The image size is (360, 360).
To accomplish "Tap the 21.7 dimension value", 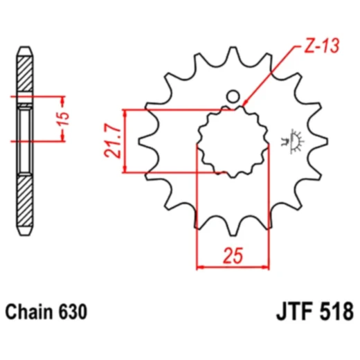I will point(116,141).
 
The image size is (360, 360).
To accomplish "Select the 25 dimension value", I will point(233,256).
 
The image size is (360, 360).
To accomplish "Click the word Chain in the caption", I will point(29,312).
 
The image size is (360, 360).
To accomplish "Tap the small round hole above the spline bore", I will point(233,96).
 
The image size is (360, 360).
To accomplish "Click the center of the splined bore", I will point(233,141).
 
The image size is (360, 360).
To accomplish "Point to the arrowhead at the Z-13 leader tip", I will point(246,105).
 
